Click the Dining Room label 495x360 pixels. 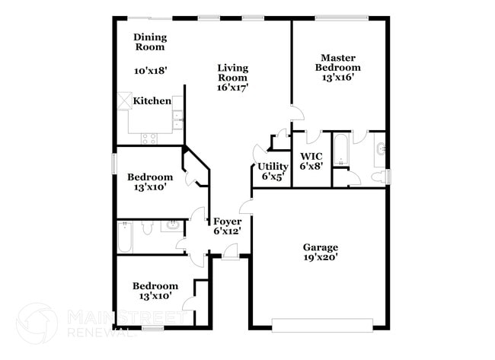coord(149,42)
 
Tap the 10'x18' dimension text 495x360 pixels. coord(150,70)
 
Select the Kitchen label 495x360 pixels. coord(152,101)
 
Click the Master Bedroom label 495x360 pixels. coord(339,62)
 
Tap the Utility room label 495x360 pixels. coord(272,167)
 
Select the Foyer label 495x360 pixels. coord(227,222)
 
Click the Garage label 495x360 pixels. coord(320,247)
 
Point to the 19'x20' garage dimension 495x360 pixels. coord(320,258)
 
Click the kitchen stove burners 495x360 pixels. coord(149,138)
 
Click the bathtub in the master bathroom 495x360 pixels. coord(340,151)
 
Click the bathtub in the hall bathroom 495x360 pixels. coord(126,237)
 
